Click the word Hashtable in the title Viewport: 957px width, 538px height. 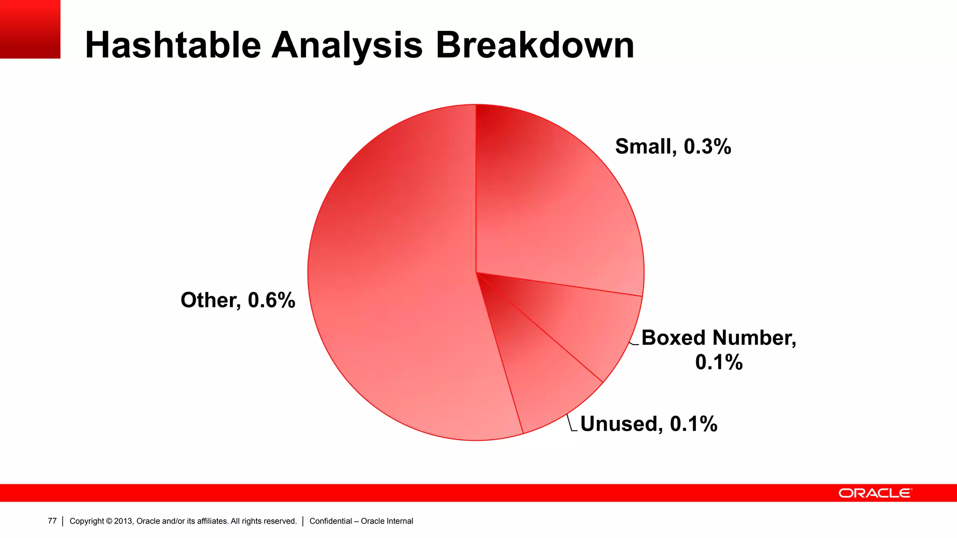[x=173, y=45]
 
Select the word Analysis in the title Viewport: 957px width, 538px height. [x=347, y=45]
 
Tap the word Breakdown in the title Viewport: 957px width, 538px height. [x=535, y=45]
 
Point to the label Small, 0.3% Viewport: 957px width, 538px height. [x=673, y=147]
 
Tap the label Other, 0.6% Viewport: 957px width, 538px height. [x=238, y=300]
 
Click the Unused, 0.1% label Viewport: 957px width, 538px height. [x=649, y=424]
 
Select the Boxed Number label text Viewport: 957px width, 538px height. [x=719, y=338]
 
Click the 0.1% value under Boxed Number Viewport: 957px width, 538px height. [x=719, y=362]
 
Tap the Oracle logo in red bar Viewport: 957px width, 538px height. [x=875, y=493]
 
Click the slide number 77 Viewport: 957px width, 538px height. [x=52, y=521]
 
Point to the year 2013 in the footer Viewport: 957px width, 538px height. [x=123, y=521]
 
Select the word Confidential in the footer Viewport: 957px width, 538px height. [x=330, y=521]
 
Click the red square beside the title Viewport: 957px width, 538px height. [x=30, y=29]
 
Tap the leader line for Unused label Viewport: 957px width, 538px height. [x=570, y=423]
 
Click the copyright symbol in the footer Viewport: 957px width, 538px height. [x=109, y=521]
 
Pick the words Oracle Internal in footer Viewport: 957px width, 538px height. [x=387, y=521]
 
